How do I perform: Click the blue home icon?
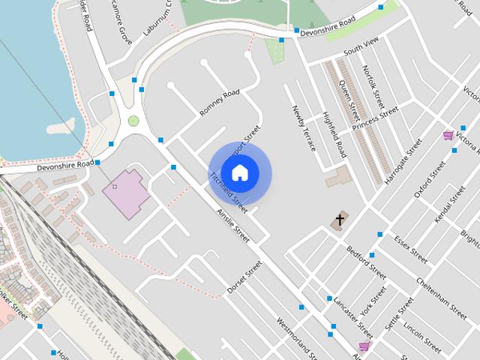click(x=240, y=172)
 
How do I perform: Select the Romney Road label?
click(x=219, y=103)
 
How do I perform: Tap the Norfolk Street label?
click(x=373, y=86)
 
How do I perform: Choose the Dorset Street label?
click(x=244, y=277)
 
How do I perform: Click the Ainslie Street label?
click(x=232, y=224)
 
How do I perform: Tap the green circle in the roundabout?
click(x=133, y=120)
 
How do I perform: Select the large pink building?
click(x=124, y=193)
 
